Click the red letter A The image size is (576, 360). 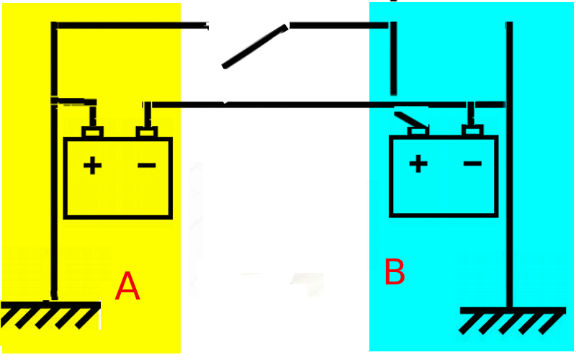pyautogui.click(x=127, y=287)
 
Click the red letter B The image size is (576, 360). pyautogui.click(x=395, y=271)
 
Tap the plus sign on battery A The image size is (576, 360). pyautogui.click(x=92, y=166)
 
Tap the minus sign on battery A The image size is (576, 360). pyautogui.click(x=147, y=166)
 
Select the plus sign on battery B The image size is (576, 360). pyautogui.click(x=418, y=163)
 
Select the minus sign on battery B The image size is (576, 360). pyautogui.click(x=472, y=163)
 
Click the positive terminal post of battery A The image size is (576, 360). pyautogui.click(x=92, y=132)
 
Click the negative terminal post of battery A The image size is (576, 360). pyautogui.click(x=147, y=132)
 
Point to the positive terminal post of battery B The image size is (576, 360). pyautogui.click(x=418, y=131)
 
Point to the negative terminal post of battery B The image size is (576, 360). pyautogui.click(x=472, y=130)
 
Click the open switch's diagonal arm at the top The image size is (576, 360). pyautogui.click(x=255, y=46)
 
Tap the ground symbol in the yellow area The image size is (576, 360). pyautogui.click(x=50, y=315)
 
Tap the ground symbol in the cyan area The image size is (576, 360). pyautogui.click(x=513, y=320)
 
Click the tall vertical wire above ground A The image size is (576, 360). pyautogui.click(x=55, y=161)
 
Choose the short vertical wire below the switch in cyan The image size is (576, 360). pyautogui.click(x=393, y=58)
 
